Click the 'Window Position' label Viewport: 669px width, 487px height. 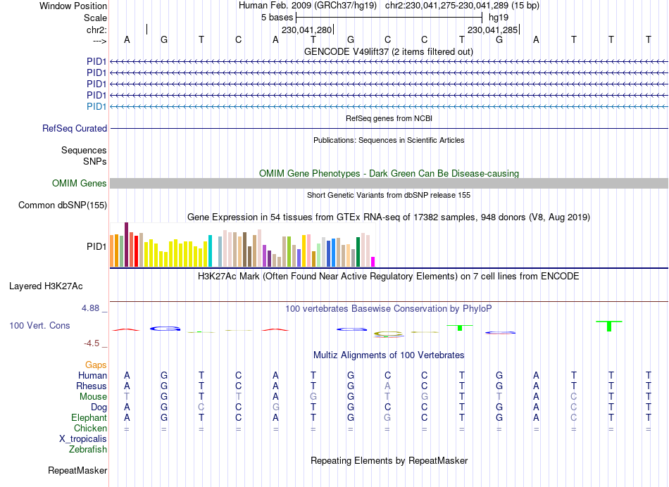point(73,6)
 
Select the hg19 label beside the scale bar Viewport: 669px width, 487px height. point(498,17)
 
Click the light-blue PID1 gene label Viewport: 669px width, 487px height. point(96,106)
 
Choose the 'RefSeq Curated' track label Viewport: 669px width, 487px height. point(75,129)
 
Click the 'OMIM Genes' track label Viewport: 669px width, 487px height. point(80,184)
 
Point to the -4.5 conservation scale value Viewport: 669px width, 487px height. point(94,343)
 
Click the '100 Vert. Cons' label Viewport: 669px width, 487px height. point(39,326)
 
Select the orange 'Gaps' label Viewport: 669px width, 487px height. point(96,365)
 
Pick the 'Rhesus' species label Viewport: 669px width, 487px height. point(92,386)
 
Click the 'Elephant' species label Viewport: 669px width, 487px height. point(88,417)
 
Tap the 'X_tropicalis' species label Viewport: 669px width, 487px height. point(83,438)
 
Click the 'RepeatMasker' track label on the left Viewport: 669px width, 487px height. point(77,470)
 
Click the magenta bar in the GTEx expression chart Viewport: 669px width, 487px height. point(373,262)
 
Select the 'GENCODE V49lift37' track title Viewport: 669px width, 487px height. point(388,51)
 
